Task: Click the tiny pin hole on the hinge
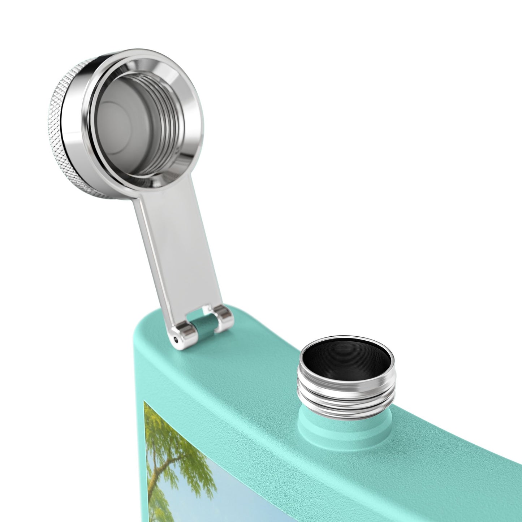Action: (x=176, y=339)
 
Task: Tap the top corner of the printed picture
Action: (x=145, y=402)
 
